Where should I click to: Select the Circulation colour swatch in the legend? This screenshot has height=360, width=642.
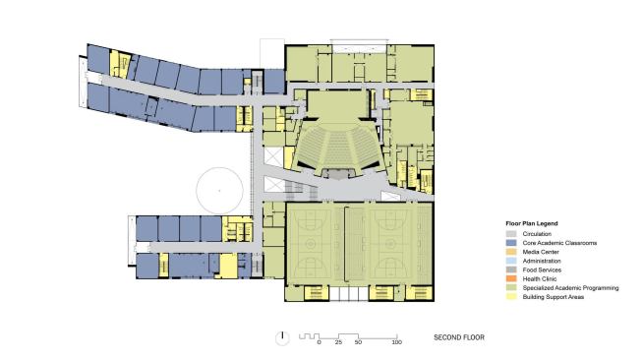(509, 234)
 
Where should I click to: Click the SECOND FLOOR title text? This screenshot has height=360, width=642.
(459, 337)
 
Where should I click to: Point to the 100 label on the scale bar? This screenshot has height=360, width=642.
(396, 342)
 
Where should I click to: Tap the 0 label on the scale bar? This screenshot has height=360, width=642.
(320, 342)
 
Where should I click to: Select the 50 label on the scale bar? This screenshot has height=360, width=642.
(358, 342)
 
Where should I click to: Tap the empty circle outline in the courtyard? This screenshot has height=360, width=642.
(219, 186)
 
